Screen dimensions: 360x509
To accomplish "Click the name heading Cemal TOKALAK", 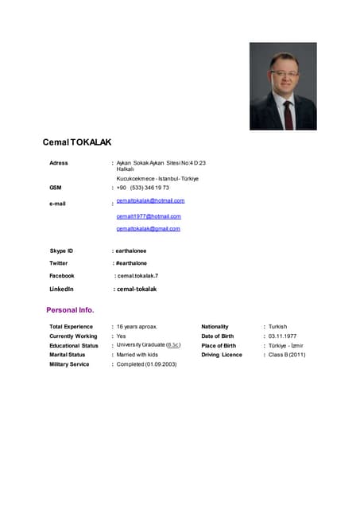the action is click(77, 142).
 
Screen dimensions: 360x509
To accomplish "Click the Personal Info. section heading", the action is click(70, 309).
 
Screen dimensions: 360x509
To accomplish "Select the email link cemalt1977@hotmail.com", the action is click(149, 216).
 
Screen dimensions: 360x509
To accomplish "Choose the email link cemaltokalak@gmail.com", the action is click(148, 228).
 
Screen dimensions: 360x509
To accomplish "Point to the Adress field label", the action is click(59, 163).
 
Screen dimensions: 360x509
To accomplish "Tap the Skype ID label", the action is click(61, 251).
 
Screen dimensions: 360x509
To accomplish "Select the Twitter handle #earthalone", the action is click(132, 263).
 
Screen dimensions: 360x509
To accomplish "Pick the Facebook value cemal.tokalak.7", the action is click(137, 275).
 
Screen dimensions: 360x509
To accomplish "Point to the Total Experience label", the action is click(71, 327).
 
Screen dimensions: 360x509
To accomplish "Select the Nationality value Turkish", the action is click(278, 327).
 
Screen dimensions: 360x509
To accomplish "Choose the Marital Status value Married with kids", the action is click(137, 355).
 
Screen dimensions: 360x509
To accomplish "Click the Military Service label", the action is click(69, 364).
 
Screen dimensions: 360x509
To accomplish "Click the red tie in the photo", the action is click(288, 112).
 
